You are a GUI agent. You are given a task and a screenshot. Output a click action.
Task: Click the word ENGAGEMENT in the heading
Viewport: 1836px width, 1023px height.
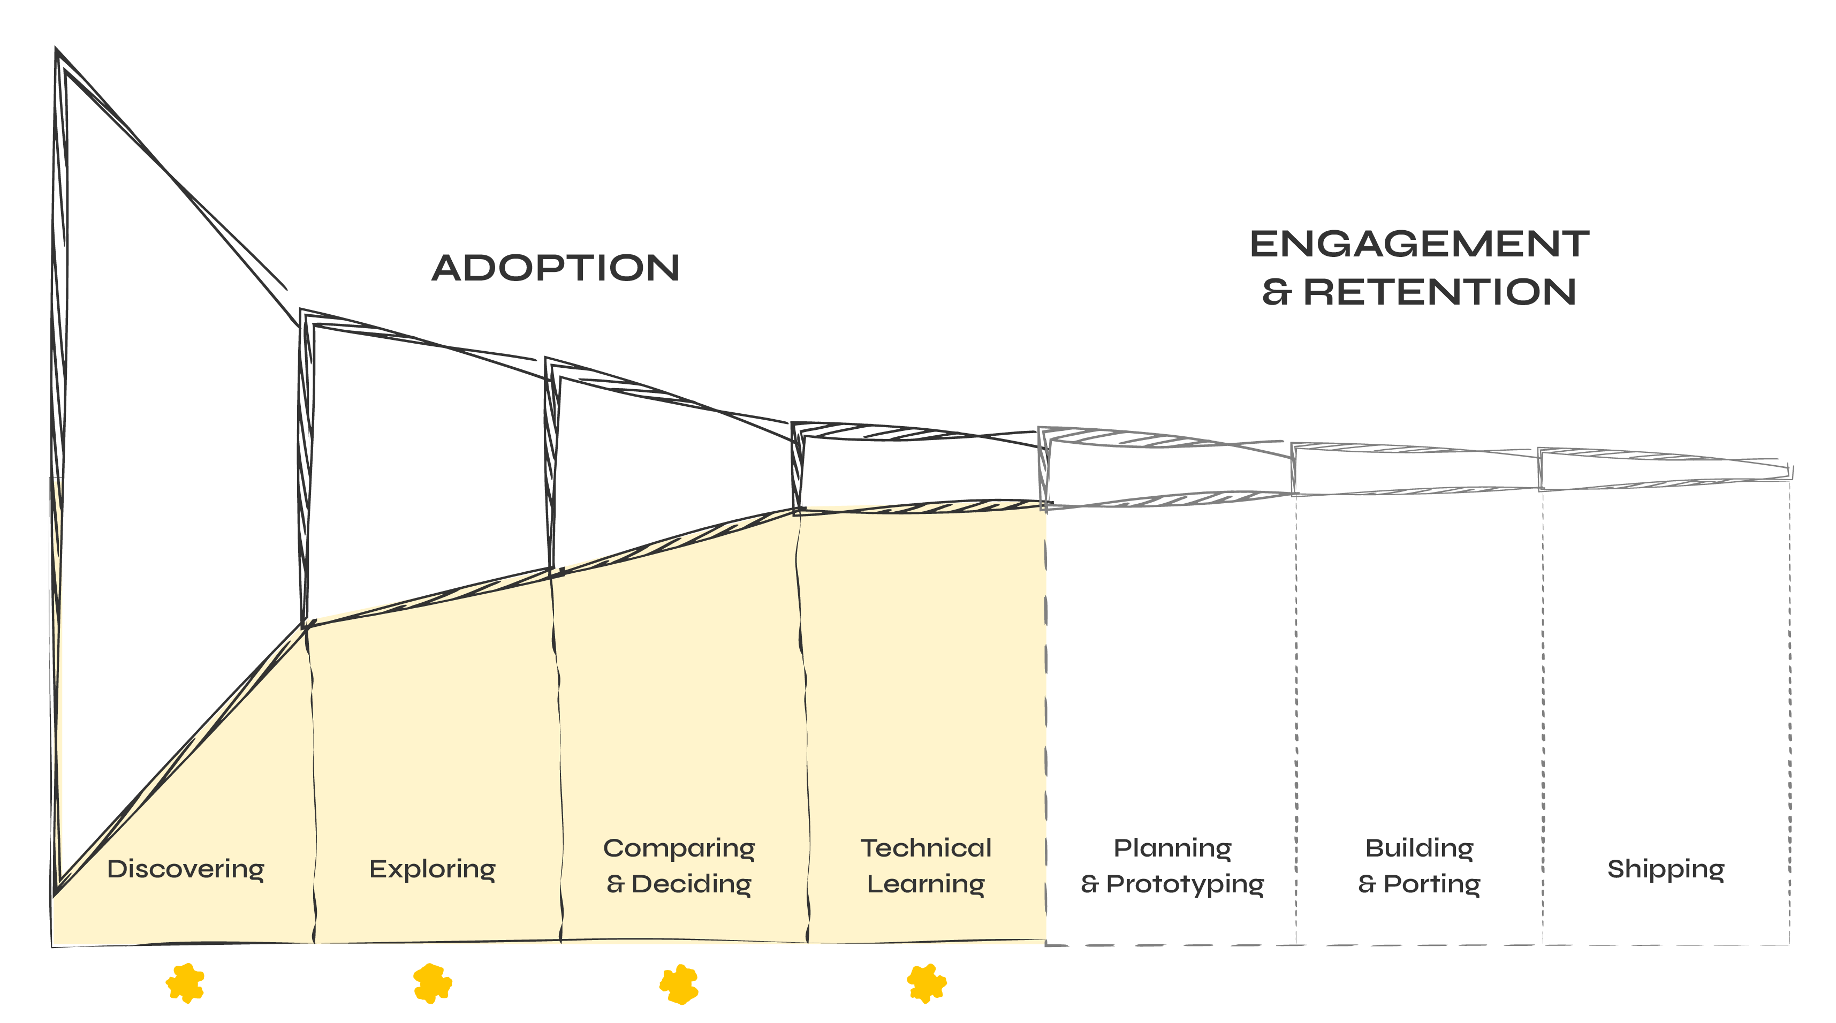click(1419, 245)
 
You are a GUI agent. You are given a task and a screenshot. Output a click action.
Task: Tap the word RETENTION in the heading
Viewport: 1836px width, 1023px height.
click(1440, 292)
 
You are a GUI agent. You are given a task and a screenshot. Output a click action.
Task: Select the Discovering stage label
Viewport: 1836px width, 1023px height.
click(185, 869)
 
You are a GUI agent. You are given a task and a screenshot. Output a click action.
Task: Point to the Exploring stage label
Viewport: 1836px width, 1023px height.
click(432, 869)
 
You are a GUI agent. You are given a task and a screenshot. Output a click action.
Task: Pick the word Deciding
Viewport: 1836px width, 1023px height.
click(692, 884)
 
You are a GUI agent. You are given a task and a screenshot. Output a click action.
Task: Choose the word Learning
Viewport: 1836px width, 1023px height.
click(926, 884)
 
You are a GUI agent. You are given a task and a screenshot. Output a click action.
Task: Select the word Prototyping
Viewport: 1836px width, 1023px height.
click(1185, 884)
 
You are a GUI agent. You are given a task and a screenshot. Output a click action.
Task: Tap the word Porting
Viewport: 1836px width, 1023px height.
click(1432, 884)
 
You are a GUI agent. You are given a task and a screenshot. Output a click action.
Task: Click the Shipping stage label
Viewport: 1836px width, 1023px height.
click(1666, 869)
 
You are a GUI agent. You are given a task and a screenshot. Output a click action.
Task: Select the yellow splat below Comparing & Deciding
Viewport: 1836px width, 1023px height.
click(679, 984)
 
